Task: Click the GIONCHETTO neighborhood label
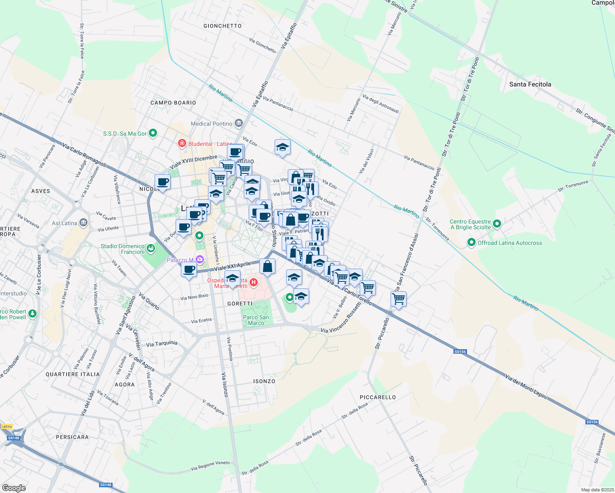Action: (222, 26)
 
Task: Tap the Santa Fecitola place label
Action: (530, 84)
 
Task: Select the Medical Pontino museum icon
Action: (238, 123)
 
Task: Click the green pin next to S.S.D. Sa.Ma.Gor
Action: (153, 133)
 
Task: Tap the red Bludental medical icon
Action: (182, 143)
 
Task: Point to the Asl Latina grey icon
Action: (83, 223)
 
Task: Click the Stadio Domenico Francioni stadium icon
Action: (151, 248)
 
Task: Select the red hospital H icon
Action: (254, 282)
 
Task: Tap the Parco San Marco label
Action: (256, 320)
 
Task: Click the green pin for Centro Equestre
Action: (497, 224)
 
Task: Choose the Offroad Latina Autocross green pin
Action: (472, 243)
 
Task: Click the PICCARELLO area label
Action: (377, 397)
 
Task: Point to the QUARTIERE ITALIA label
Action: (72, 374)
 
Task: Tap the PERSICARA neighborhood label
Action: (72, 437)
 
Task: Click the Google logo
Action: (14, 488)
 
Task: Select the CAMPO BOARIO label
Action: (173, 103)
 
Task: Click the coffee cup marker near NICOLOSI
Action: (162, 182)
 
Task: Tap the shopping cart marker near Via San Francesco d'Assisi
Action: (398, 299)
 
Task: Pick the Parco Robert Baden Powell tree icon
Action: (32, 314)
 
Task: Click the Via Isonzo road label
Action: (225, 385)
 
